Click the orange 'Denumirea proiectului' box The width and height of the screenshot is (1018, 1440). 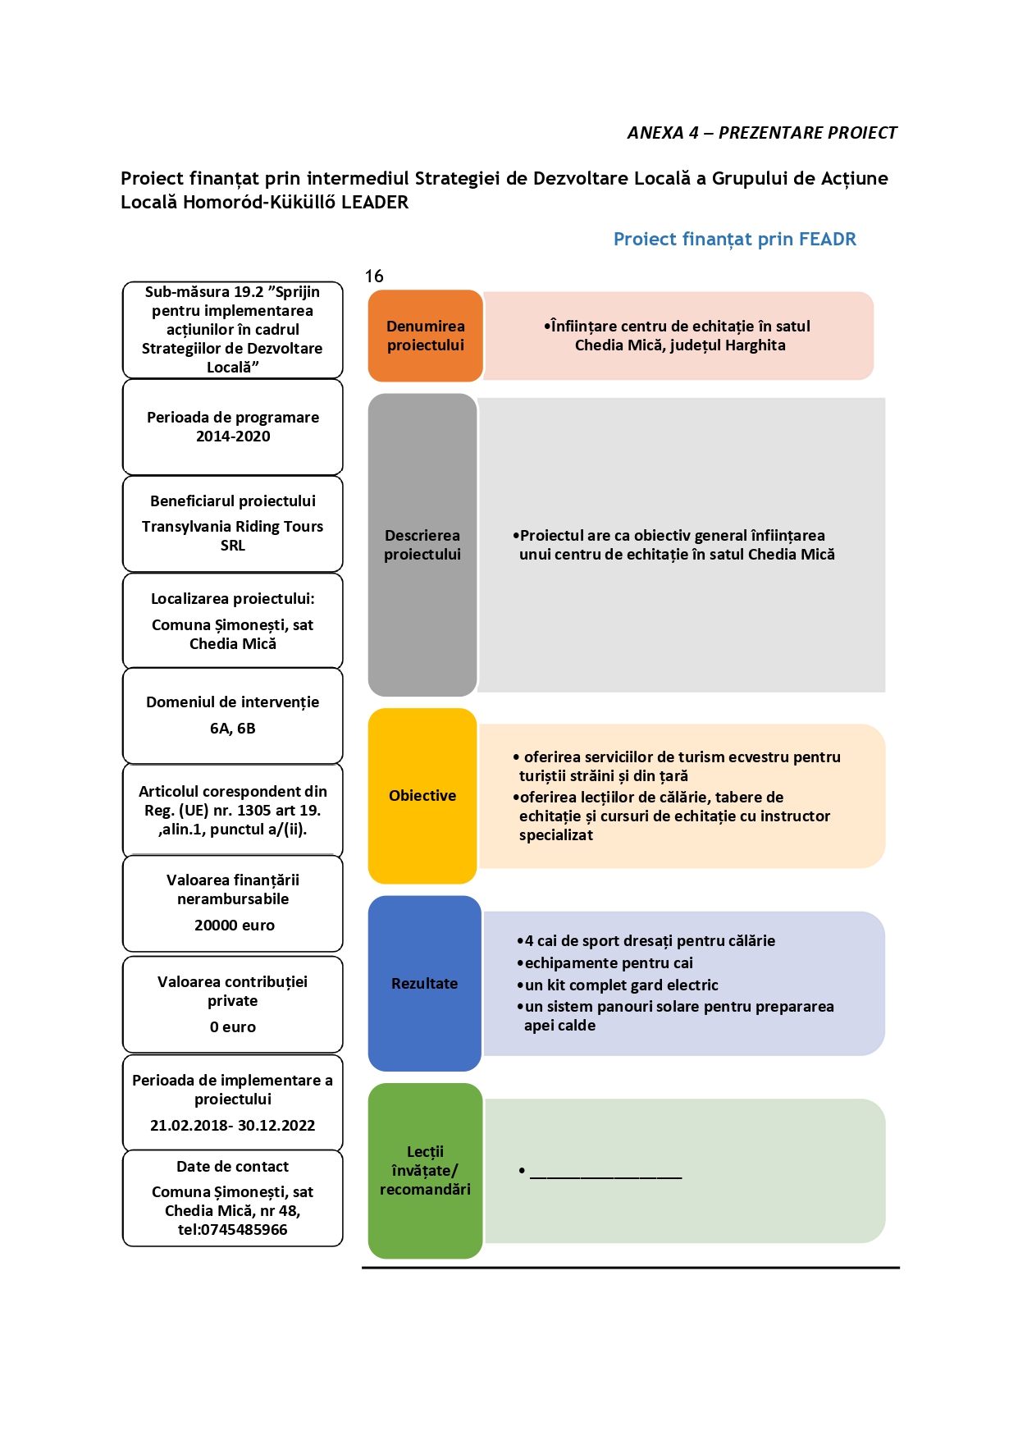click(x=425, y=336)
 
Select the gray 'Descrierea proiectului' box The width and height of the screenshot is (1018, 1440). click(x=422, y=545)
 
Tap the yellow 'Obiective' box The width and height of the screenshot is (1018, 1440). click(x=422, y=796)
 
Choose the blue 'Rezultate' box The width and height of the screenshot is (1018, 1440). click(x=424, y=983)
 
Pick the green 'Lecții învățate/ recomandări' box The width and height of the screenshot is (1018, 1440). click(x=425, y=1171)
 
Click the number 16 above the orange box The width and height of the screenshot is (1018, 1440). click(x=374, y=277)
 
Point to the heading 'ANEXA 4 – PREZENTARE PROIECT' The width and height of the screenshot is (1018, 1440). click(x=762, y=133)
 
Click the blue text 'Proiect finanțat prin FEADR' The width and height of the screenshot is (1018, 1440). click(x=735, y=239)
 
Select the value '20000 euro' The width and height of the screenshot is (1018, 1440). click(x=235, y=926)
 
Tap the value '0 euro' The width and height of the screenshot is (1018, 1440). click(x=233, y=1027)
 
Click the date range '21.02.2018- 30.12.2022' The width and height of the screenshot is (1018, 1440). click(x=233, y=1126)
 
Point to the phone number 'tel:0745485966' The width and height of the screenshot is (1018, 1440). click(x=233, y=1230)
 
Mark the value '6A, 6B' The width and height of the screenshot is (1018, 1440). click(x=233, y=729)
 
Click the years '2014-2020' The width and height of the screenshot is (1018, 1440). click(x=233, y=437)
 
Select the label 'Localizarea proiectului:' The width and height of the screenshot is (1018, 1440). click(x=233, y=599)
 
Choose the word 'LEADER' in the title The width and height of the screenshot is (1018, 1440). click(x=375, y=202)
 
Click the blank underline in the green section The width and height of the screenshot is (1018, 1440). click(x=606, y=1178)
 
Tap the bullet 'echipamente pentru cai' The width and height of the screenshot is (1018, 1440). click(x=605, y=963)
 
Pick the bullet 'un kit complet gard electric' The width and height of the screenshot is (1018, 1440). click(x=618, y=985)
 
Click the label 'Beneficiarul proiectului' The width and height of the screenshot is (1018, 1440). click(x=233, y=501)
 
